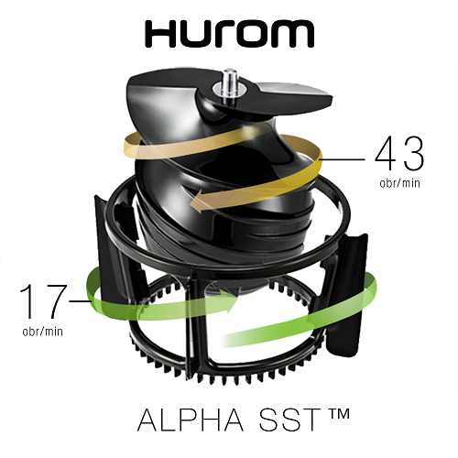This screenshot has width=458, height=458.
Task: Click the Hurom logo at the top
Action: coord(229,34)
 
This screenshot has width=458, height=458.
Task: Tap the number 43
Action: coord(399,154)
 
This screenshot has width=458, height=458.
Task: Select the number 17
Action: coord(43,301)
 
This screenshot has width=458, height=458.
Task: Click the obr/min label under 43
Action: coord(399,183)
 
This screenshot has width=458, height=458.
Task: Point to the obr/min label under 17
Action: coord(43,332)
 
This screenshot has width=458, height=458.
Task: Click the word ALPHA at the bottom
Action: coord(191,420)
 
